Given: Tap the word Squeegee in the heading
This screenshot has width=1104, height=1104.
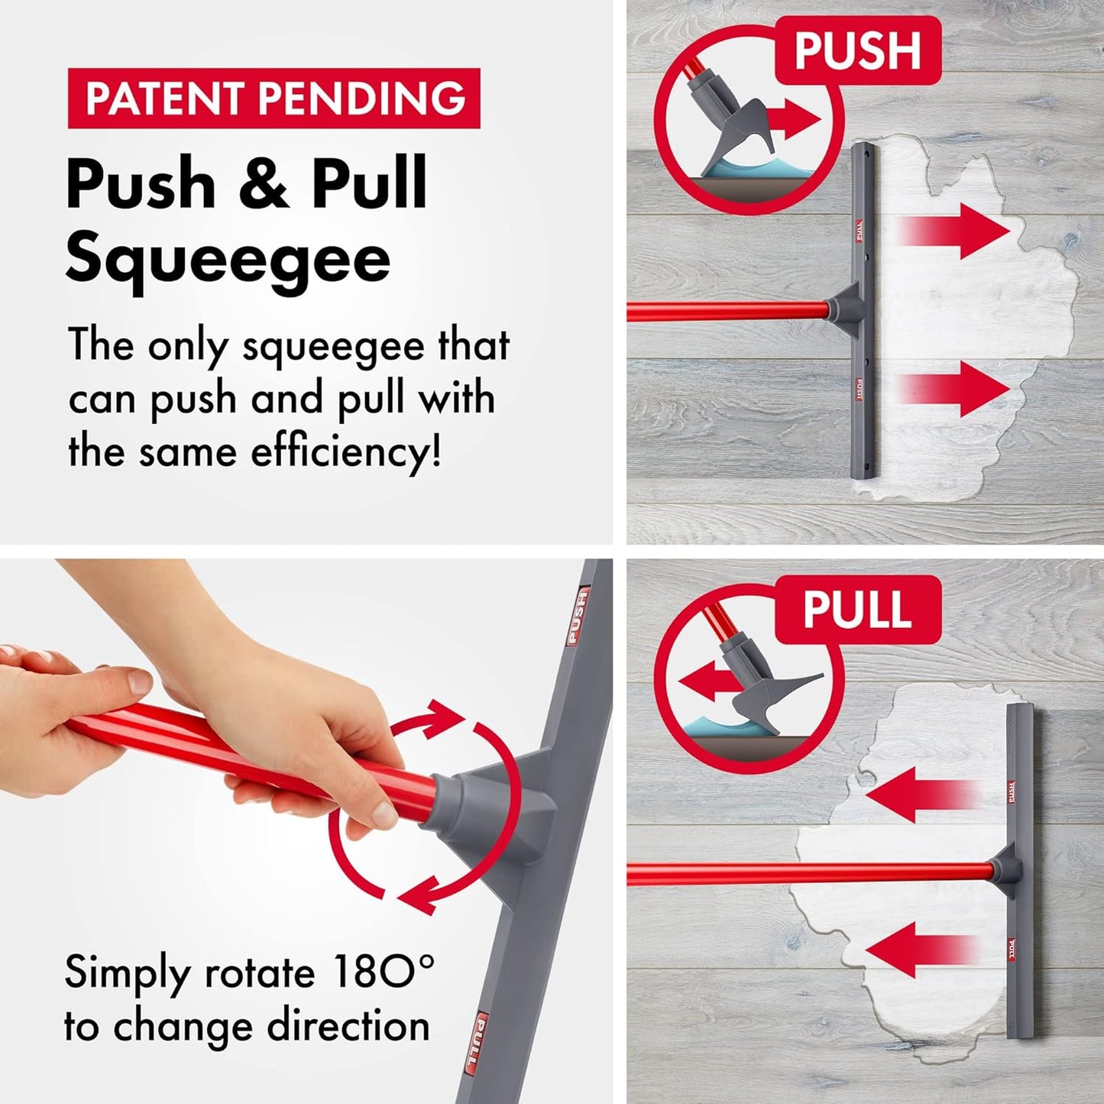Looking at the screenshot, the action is click(228, 261).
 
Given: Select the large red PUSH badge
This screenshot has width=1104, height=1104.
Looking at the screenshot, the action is click(858, 50).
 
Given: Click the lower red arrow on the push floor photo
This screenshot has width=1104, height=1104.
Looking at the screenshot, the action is click(953, 389).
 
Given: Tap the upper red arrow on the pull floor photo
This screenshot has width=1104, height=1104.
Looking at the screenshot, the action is click(921, 795).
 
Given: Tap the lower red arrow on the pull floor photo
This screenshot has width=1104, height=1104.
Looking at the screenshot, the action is click(921, 949).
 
